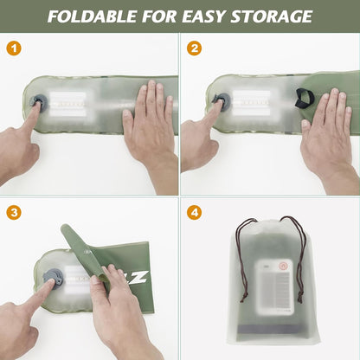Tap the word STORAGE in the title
[270, 16]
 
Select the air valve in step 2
[221, 100]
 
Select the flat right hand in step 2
[327, 125]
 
